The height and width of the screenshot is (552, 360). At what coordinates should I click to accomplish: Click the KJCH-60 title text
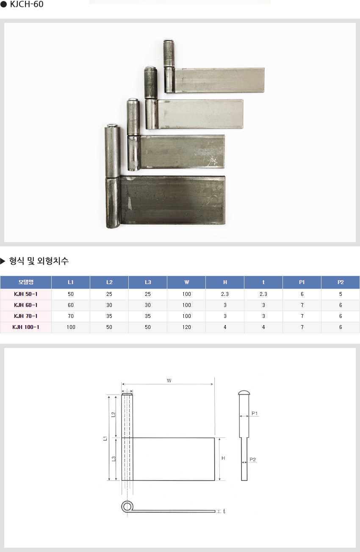pos(27,4)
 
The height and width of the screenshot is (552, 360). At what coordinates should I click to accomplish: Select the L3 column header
pos(148,282)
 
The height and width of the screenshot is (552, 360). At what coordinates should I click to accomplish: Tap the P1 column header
pos(302,282)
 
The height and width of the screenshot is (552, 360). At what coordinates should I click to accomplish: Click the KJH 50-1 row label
pos(26,294)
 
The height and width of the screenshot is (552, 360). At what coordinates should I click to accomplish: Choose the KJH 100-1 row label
pos(26,327)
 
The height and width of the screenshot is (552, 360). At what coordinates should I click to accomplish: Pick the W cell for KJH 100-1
pos(187,327)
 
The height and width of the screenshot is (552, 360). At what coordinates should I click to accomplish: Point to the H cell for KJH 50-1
pos(225,294)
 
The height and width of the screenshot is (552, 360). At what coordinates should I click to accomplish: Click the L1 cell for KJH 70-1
pos(71,316)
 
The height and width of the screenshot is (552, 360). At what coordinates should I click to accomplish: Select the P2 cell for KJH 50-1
pos(341,294)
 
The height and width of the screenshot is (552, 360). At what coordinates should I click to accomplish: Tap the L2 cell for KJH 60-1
pos(109,305)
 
